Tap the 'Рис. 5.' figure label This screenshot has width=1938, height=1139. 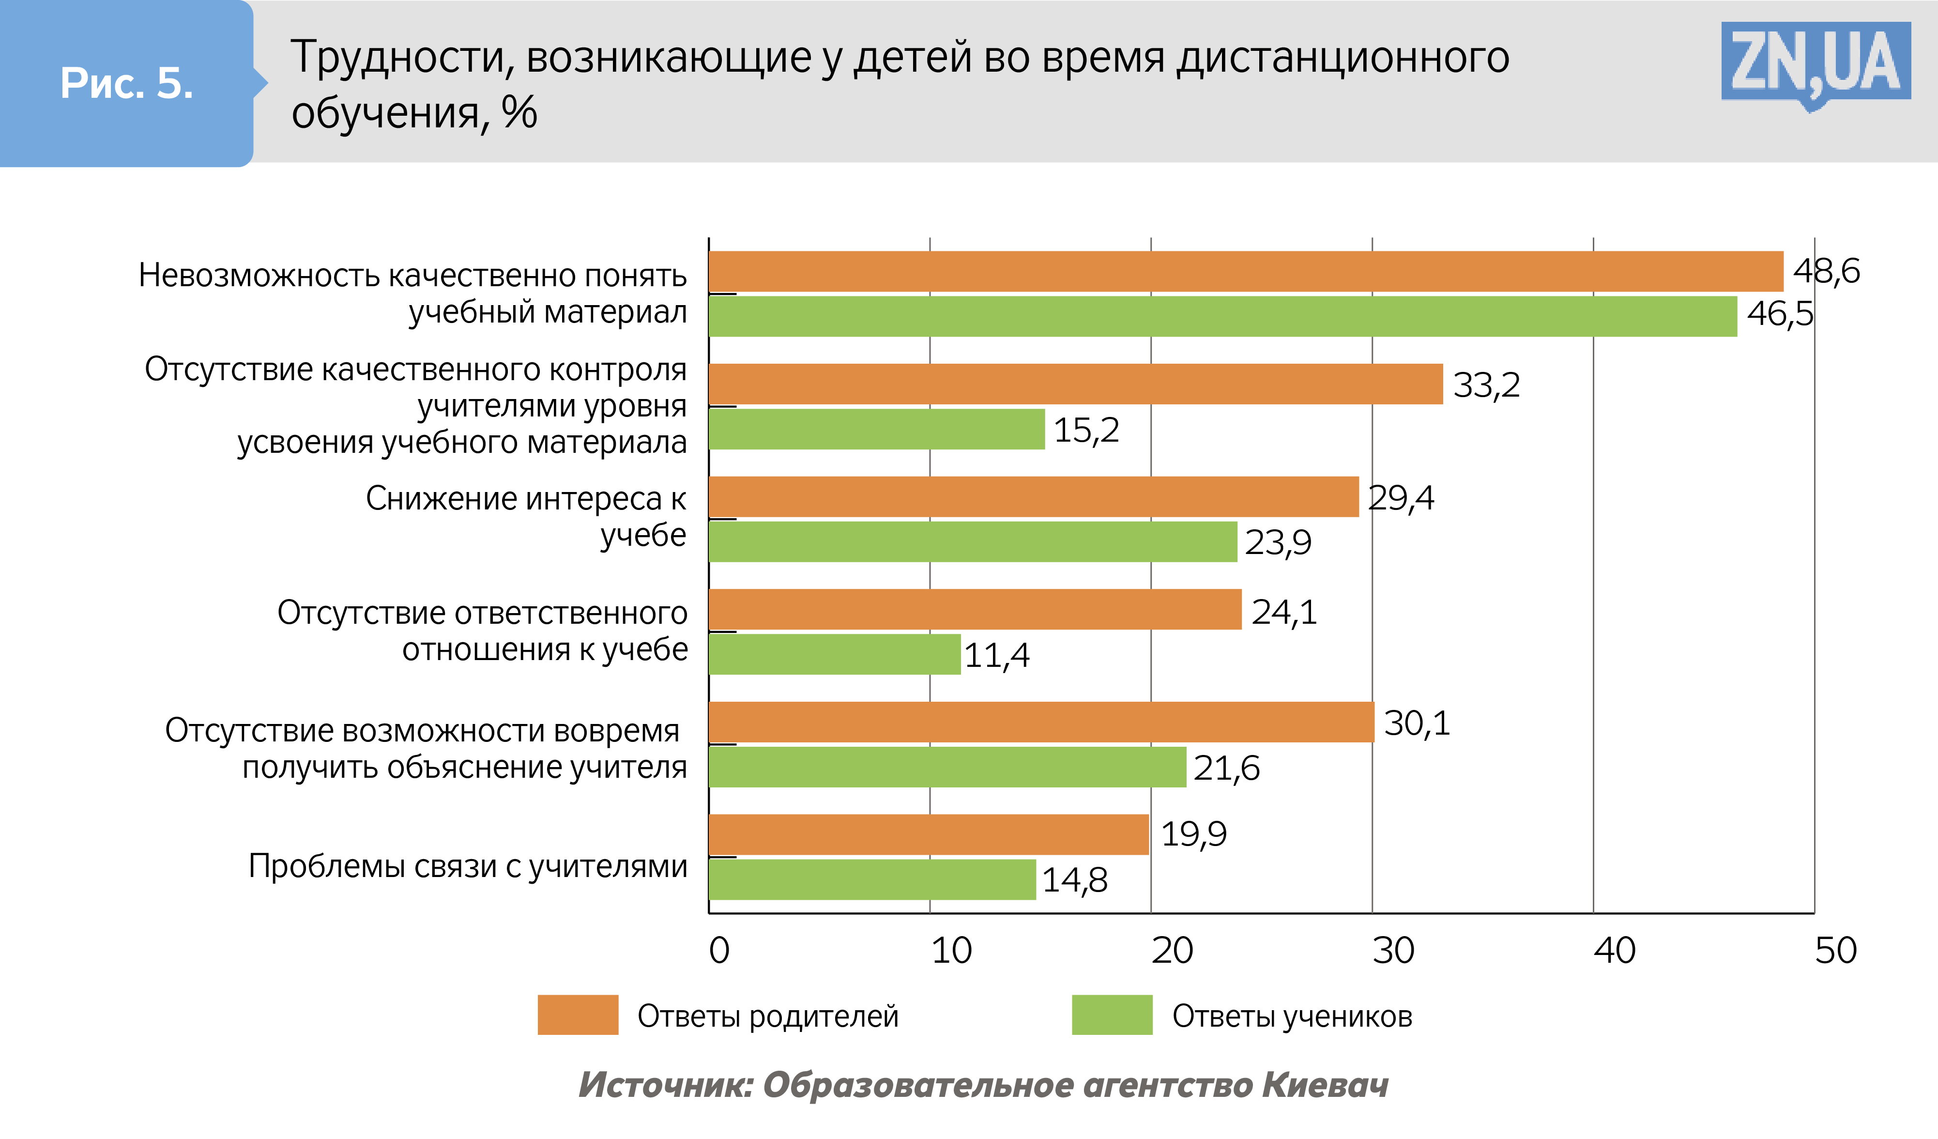(127, 83)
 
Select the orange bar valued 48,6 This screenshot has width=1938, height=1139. (1246, 272)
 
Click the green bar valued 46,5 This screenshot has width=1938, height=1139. (1223, 316)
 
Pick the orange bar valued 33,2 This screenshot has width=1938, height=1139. (1075, 384)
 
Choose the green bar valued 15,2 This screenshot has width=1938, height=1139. (877, 429)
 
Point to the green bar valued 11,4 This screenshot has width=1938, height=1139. (835, 654)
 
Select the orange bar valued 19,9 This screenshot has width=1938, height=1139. (928, 834)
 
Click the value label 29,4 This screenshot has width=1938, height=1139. (1401, 498)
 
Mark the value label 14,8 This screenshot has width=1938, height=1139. (1074, 880)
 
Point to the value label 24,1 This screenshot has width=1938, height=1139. (1284, 612)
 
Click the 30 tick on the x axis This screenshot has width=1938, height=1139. (1393, 951)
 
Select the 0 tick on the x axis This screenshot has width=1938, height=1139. (719, 951)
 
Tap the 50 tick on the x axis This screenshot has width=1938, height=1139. (1836, 951)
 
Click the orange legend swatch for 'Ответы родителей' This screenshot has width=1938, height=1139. (578, 1015)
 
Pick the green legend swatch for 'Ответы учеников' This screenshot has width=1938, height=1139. (1112, 1015)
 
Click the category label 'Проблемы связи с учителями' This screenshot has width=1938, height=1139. (468, 867)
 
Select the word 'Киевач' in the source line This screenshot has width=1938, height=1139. (1324, 1085)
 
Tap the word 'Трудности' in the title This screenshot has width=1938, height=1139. (400, 58)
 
